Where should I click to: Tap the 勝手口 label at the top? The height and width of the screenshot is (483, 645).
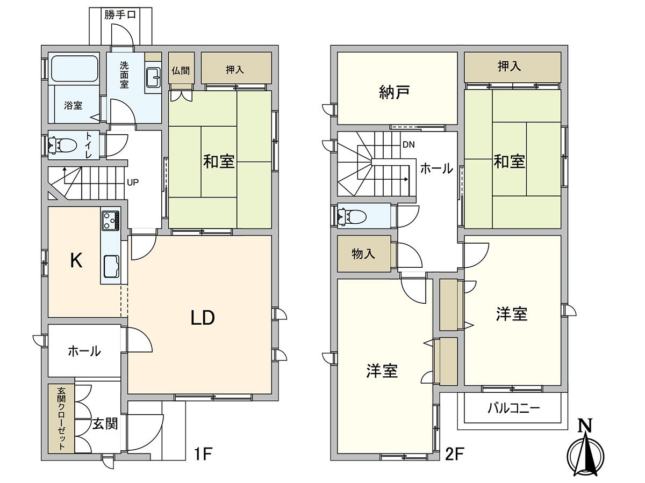point(120,14)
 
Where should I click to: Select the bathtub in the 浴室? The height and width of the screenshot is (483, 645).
point(75,68)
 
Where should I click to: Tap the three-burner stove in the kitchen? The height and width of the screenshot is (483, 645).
point(111,220)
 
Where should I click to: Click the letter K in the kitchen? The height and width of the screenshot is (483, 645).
point(76,261)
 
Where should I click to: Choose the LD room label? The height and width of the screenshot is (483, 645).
point(203,318)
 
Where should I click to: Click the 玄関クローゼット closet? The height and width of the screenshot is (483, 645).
point(61,419)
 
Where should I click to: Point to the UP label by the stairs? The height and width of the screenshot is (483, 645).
point(133,182)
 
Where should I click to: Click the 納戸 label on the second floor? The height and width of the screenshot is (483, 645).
point(395,93)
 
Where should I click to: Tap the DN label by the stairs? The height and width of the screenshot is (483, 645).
point(408,145)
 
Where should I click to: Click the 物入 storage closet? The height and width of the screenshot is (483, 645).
point(364,254)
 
